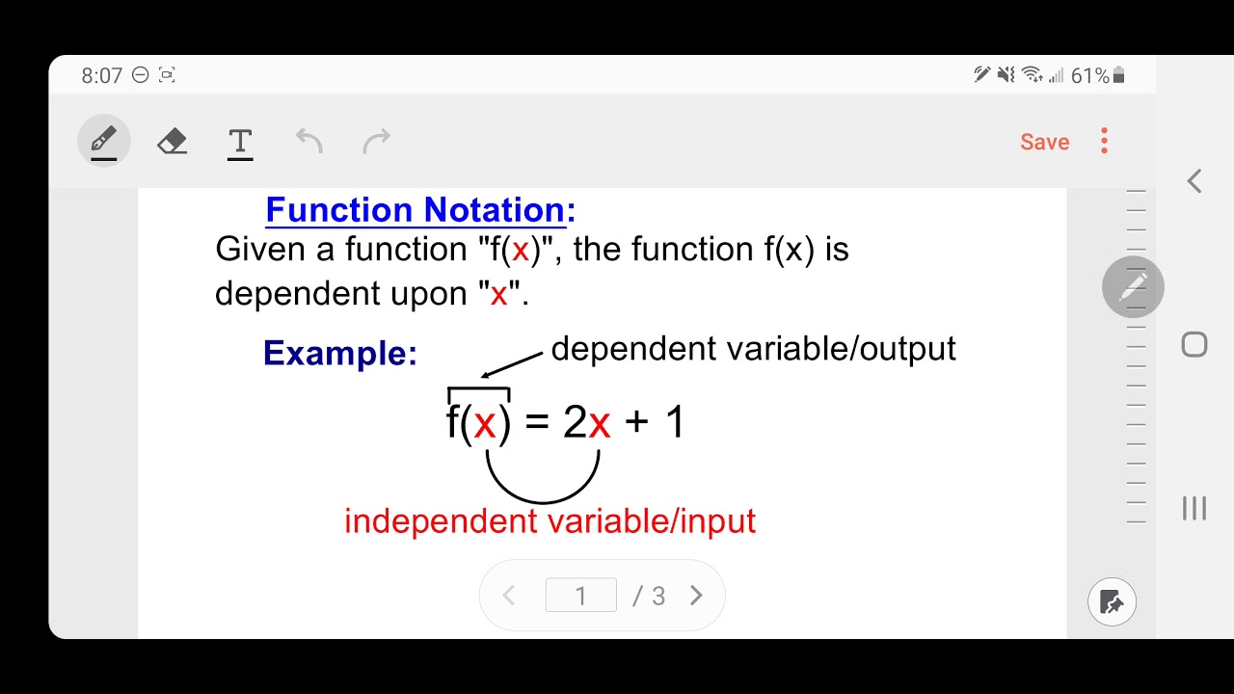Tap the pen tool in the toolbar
(x=103, y=142)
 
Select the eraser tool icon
(x=172, y=142)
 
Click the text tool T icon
(x=240, y=143)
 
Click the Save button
(x=1044, y=142)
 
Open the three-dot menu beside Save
(x=1104, y=141)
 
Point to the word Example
(x=339, y=353)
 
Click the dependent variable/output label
(x=753, y=349)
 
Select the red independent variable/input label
(x=550, y=521)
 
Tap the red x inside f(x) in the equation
(x=484, y=423)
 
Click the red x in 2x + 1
(x=600, y=423)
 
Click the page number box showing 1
(x=580, y=596)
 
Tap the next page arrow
(x=696, y=596)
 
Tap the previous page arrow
(x=509, y=596)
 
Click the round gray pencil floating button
(x=1133, y=287)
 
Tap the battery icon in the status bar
(x=1119, y=75)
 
